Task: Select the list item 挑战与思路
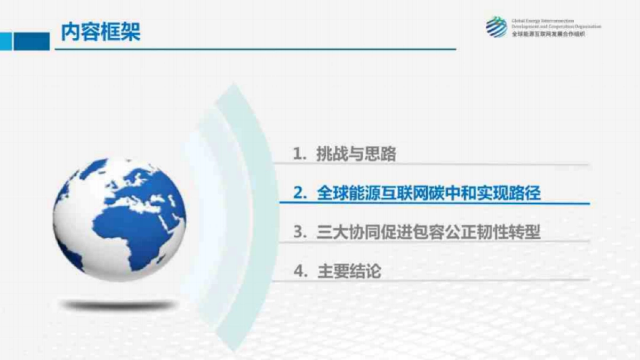356,155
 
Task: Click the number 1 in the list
298,155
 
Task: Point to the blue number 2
298,193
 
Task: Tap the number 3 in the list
298,233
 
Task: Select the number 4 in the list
298,271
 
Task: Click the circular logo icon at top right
496,27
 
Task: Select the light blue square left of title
5,41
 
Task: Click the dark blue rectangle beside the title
31,41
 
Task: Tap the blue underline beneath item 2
435,203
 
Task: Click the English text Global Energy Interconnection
542,21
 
